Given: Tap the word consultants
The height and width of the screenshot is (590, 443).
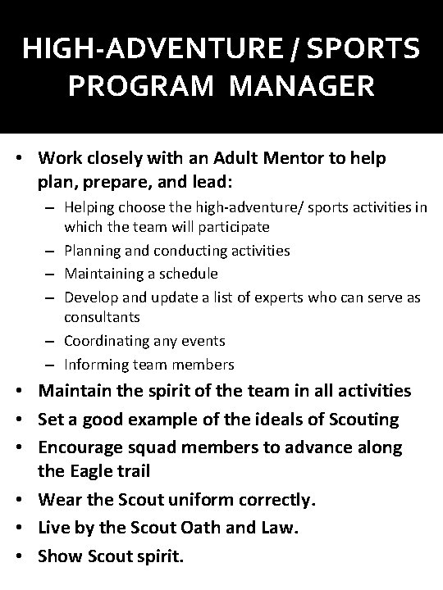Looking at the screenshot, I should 102,316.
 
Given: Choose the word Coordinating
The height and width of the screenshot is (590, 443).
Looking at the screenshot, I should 108,341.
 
